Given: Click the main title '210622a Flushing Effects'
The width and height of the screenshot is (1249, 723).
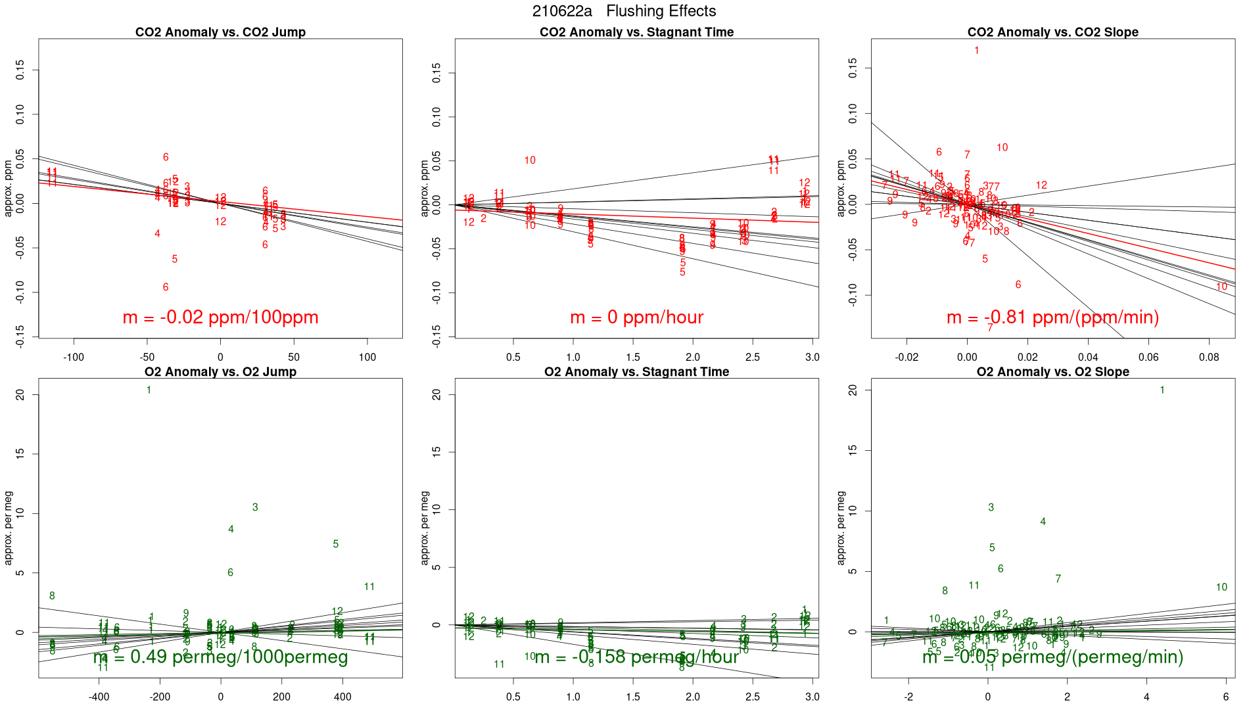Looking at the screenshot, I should pyautogui.click(x=624, y=11).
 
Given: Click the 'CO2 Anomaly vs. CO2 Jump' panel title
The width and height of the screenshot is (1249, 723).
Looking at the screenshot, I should pyautogui.click(x=220, y=32).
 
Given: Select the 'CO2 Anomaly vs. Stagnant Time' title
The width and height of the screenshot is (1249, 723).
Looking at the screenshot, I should pyautogui.click(x=636, y=32).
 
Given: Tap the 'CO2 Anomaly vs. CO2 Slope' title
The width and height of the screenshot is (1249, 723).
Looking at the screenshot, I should pyautogui.click(x=1052, y=32).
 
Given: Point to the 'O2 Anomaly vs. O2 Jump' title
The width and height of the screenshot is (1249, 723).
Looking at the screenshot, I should pyautogui.click(x=220, y=372).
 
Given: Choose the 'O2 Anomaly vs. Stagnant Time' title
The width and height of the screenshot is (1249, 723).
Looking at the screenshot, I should pyautogui.click(x=636, y=372).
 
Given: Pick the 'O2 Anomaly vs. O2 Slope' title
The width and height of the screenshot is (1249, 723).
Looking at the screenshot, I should pyautogui.click(x=1052, y=372).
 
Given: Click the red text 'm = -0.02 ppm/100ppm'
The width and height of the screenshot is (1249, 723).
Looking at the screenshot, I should pyautogui.click(x=220, y=317).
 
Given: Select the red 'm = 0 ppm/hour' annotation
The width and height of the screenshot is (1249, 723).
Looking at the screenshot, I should pyautogui.click(x=636, y=317).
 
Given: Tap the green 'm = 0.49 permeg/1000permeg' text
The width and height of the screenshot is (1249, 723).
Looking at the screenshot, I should pyautogui.click(x=220, y=657).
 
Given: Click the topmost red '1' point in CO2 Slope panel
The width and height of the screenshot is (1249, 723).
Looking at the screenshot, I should pyautogui.click(x=977, y=51).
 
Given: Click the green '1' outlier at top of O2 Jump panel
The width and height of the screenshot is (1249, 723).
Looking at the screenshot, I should pyautogui.click(x=149, y=390).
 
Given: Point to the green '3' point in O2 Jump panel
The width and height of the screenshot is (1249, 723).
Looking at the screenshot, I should pyautogui.click(x=255, y=507).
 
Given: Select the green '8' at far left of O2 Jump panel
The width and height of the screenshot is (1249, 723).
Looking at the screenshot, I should pyautogui.click(x=52, y=596).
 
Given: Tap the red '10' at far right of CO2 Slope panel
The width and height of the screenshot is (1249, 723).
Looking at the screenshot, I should pyautogui.click(x=1221, y=287).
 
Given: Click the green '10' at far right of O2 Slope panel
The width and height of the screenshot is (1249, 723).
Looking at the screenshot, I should pyautogui.click(x=1221, y=588).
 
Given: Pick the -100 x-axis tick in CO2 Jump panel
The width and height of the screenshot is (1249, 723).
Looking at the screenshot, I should pyautogui.click(x=74, y=358).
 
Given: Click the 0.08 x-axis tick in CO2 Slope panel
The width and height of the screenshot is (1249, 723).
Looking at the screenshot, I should pyautogui.click(x=1209, y=358).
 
